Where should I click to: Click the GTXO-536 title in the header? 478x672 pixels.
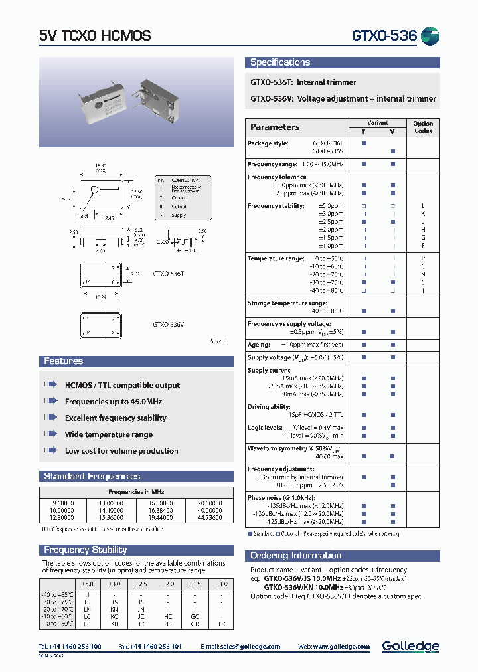click(384, 35)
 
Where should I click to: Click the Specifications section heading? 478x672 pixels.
click(280, 62)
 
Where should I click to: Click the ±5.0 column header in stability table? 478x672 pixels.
click(88, 584)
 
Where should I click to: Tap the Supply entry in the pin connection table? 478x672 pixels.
click(179, 215)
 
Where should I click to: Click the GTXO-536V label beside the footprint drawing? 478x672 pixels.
click(169, 325)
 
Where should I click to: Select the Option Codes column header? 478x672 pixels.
click(422, 127)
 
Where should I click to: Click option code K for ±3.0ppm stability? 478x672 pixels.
click(423, 214)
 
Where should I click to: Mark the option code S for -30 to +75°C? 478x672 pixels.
click(423, 282)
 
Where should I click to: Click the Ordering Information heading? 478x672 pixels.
click(295, 555)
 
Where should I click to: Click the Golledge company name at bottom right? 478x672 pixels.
click(410, 646)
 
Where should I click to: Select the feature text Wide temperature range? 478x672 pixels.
click(109, 434)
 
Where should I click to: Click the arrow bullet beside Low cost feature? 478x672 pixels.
click(50, 450)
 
